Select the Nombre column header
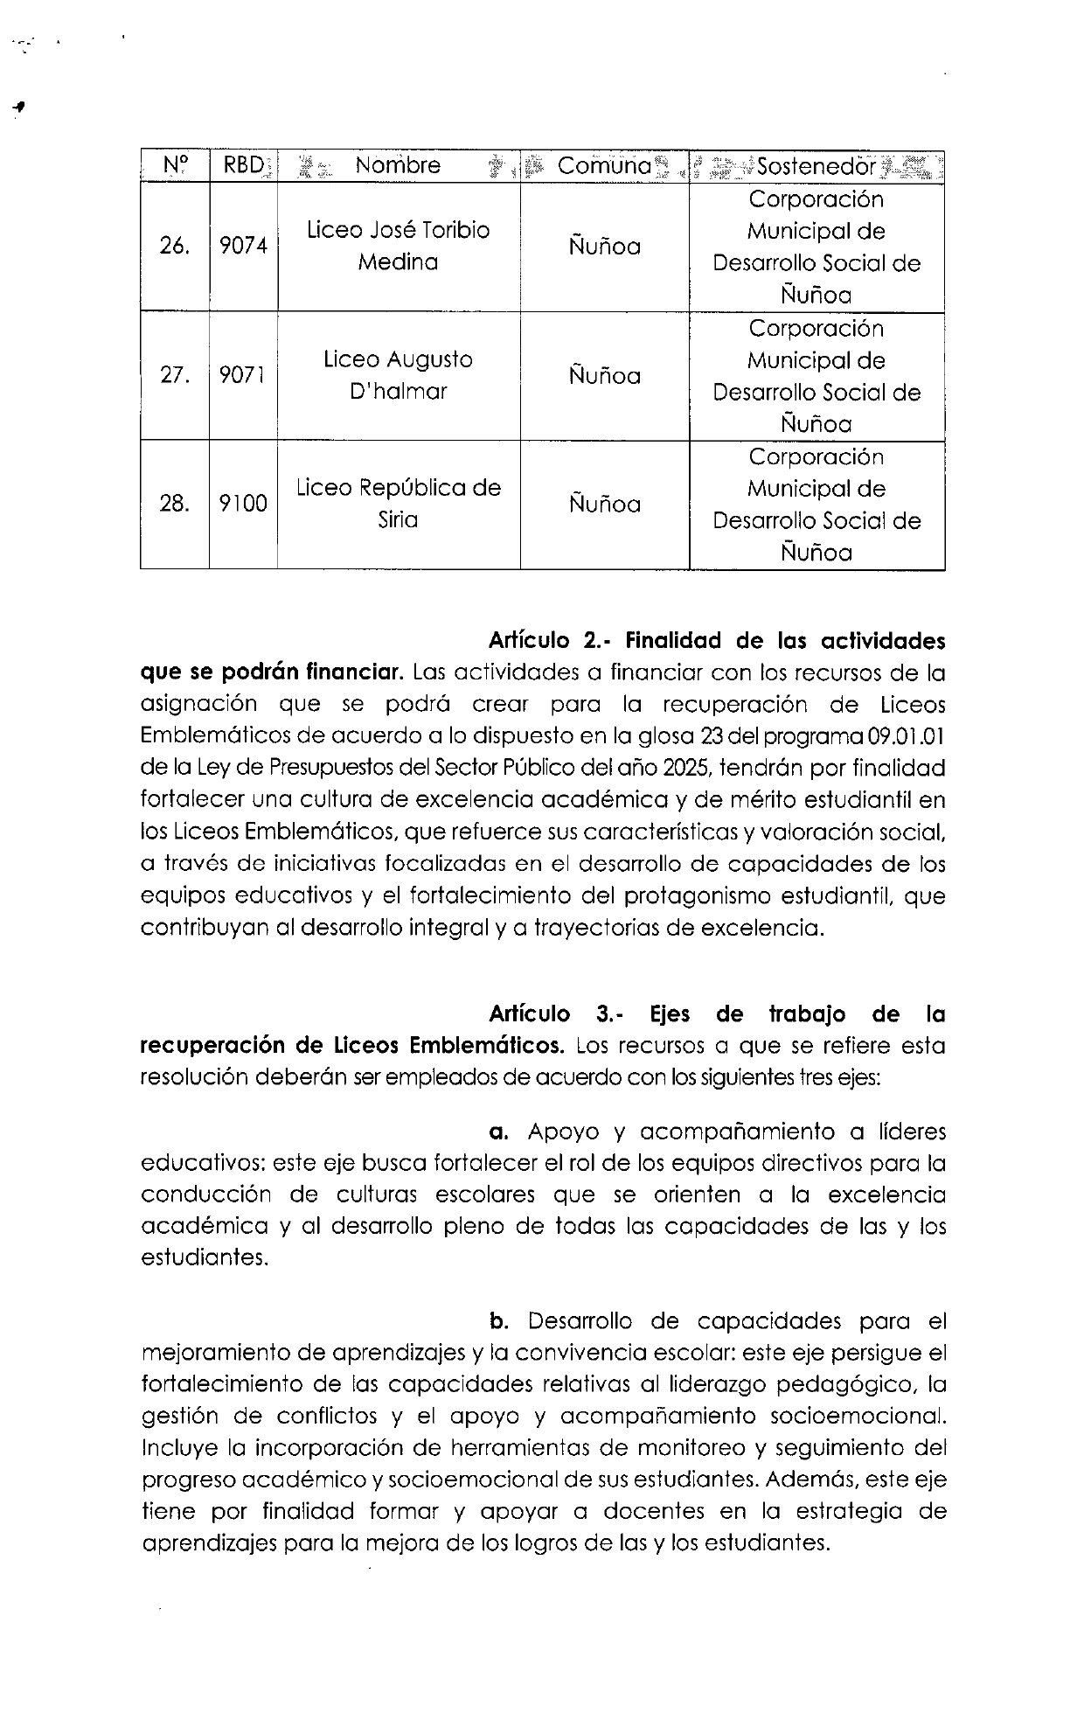tap(398, 165)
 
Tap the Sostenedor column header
tap(817, 166)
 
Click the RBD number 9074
tap(243, 247)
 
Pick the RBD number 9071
tap(243, 376)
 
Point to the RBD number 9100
tap(243, 505)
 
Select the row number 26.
tap(174, 247)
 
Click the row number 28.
tap(174, 505)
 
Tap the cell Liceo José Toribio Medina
tap(398, 246)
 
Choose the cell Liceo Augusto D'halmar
tap(398, 375)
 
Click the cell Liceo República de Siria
tap(398, 504)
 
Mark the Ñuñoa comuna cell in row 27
tap(604, 375)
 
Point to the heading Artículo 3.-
tap(554, 1014)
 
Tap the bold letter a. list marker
tap(499, 1132)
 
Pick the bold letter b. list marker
tap(500, 1321)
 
